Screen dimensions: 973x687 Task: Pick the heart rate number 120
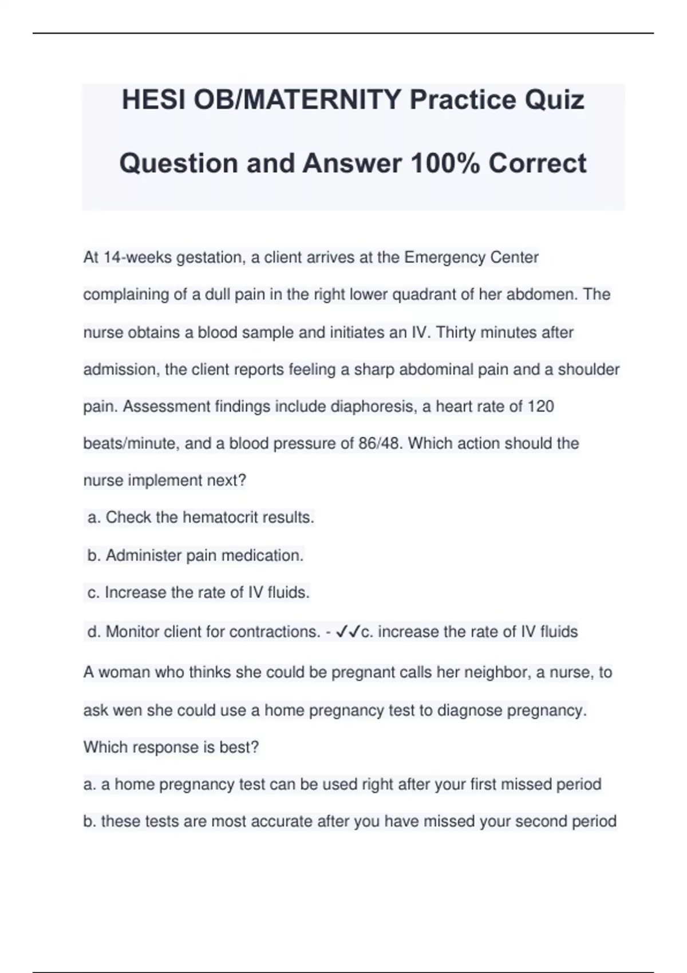pyautogui.click(x=540, y=406)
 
